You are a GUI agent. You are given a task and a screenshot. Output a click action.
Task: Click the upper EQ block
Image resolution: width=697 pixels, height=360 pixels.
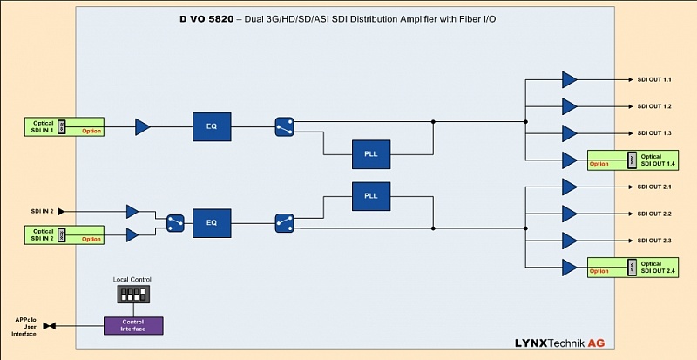[x=211, y=126]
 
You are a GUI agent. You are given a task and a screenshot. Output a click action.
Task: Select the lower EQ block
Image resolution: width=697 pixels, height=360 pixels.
[x=211, y=222]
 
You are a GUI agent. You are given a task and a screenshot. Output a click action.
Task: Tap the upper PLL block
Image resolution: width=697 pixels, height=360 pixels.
[x=369, y=153]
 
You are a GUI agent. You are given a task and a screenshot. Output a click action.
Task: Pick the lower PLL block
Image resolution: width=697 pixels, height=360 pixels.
[x=369, y=196]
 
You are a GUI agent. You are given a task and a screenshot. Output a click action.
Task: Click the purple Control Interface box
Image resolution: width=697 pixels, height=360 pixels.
[x=133, y=325]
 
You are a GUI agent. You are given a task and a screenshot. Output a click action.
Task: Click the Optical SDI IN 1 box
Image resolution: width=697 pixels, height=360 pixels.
[x=64, y=126]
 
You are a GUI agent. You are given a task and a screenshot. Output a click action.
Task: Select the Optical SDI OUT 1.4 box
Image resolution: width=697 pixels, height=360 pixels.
[x=632, y=160]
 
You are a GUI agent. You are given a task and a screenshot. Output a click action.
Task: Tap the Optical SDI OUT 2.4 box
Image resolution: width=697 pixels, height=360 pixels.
[x=632, y=267]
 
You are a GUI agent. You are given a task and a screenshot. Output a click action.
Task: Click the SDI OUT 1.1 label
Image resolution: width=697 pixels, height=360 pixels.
[x=654, y=80]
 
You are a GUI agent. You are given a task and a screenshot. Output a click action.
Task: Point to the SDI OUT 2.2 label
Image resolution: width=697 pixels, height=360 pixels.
[x=654, y=214]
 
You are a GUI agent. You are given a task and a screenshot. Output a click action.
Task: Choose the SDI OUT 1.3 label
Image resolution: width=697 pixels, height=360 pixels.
[x=654, y=133]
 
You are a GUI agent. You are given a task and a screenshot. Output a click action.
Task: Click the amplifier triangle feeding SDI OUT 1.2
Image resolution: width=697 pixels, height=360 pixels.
[x=570, y=106]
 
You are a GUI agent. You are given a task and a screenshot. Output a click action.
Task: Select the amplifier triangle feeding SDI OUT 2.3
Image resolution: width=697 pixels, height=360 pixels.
[x=570, y=240]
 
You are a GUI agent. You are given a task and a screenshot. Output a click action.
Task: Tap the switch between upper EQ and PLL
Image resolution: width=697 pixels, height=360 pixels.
[x=284, y=126]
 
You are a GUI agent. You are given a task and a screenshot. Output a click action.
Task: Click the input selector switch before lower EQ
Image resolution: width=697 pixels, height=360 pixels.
[x=175, y=222]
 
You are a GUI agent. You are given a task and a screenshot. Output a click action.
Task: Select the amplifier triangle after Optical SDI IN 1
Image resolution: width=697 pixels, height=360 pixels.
[x=143, y=127]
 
